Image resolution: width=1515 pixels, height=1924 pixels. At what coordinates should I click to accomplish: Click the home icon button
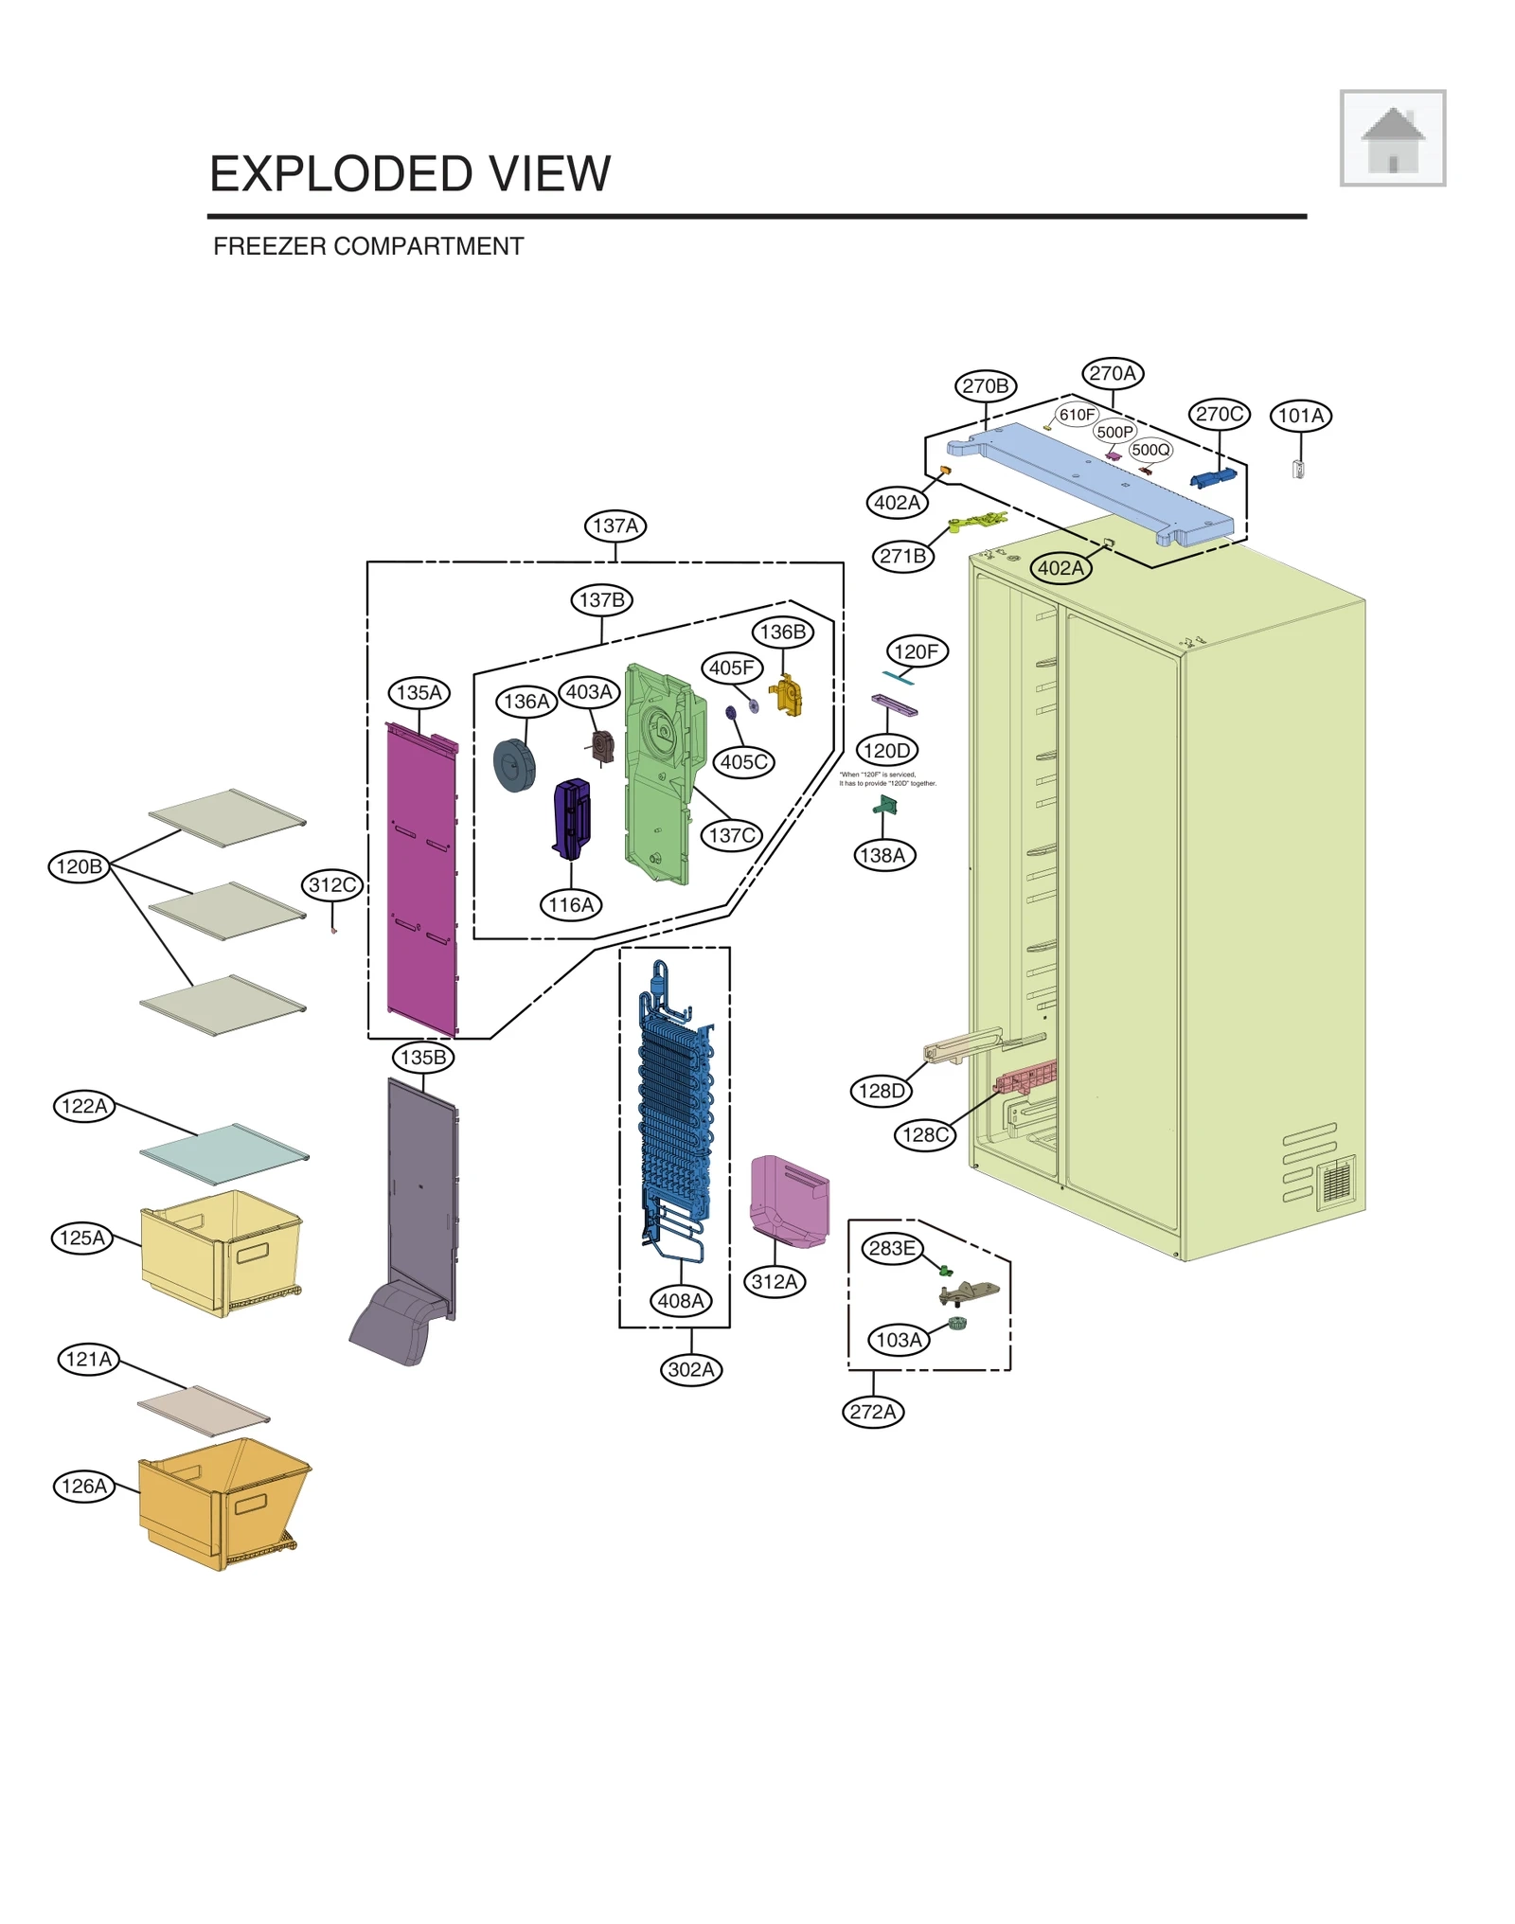tap(1391, 138)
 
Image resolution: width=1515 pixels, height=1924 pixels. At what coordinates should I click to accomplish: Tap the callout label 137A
tap(615, 526)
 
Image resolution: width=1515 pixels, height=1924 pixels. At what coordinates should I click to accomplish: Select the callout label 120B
tap(79, 866)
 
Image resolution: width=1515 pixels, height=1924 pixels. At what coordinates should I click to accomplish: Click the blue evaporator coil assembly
tap(674, 1117)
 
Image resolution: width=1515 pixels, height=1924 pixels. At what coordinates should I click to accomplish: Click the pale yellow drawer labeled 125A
tap(220, 1250)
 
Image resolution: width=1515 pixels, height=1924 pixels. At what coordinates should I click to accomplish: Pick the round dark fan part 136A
tap(514, 765)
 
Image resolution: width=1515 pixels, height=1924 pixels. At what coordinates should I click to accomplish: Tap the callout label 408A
tap(680, 1300)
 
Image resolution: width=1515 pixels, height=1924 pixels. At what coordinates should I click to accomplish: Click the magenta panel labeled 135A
tap(421, 881)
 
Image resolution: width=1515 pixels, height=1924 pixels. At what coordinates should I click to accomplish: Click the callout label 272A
tap(872, 1412)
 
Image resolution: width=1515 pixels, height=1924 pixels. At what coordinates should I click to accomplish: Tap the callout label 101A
tap(1300, 416)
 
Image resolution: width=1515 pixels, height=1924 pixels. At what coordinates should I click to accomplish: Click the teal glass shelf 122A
tap(223, 1153)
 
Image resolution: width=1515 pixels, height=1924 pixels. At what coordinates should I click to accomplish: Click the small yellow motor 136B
tap(786, 697)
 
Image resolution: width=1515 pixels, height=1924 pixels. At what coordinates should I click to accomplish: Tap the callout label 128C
tap(924, 1134)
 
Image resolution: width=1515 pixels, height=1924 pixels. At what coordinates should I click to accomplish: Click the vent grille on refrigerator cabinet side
tap(1336, 1182)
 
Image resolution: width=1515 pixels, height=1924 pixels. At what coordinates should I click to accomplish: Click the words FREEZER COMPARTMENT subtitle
tap(367, 246)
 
